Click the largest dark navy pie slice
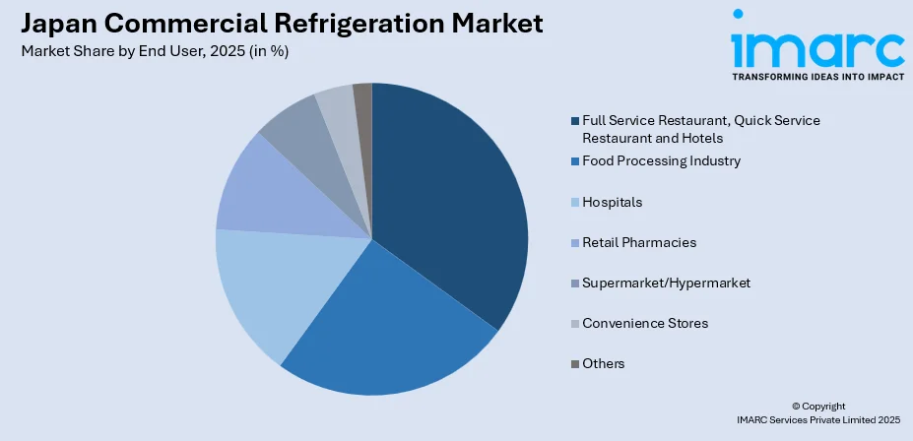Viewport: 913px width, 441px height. [x=453, y=197]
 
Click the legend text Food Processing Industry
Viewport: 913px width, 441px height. [x=661, y=160]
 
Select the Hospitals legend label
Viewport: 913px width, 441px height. [x=612, y=202]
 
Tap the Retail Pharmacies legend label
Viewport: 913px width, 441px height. [x=639, y=242]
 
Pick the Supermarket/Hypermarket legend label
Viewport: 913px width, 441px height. [x=666, y=283]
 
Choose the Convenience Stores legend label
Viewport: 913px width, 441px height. [x=645, y=323]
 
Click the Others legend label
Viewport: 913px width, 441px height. [x=603, y=363]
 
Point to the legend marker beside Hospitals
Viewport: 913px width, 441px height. [x=575, y=202]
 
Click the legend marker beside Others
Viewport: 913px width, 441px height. [x=575, y=363]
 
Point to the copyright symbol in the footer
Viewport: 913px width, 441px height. [x=797, y=406]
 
